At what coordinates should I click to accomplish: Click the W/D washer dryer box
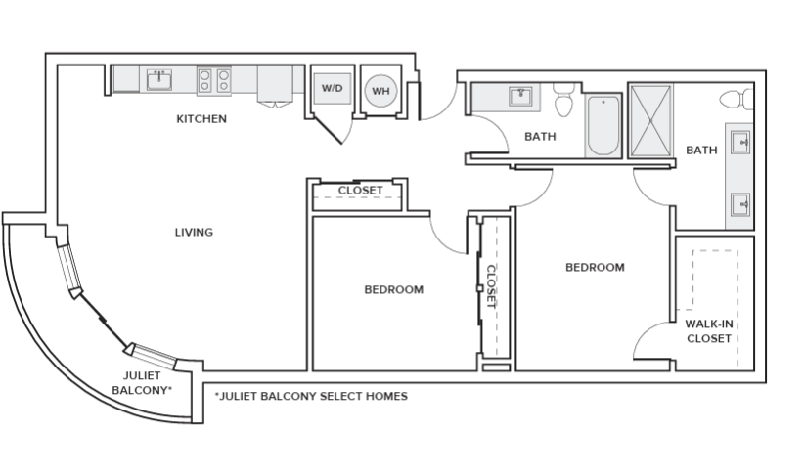(332, 88)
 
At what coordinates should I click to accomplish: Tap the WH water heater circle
(380, 91)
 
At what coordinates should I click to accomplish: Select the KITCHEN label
(201, 119)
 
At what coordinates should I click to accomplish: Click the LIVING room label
(194, 232)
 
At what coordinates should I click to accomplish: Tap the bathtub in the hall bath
(603, 124)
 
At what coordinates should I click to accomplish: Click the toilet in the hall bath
(563, 101)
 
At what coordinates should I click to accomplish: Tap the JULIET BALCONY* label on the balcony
(142, 382)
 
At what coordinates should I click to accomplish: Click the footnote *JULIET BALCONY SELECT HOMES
(310, 397)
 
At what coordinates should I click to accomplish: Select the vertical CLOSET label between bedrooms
(492, 286)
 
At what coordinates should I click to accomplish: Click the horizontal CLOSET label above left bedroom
(360, 190)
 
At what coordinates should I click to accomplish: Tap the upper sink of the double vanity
(739, 144)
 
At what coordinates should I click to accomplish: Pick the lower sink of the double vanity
(739, 204)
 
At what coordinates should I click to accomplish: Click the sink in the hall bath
(519, 96)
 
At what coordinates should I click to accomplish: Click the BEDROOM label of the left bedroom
(393, 289)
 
